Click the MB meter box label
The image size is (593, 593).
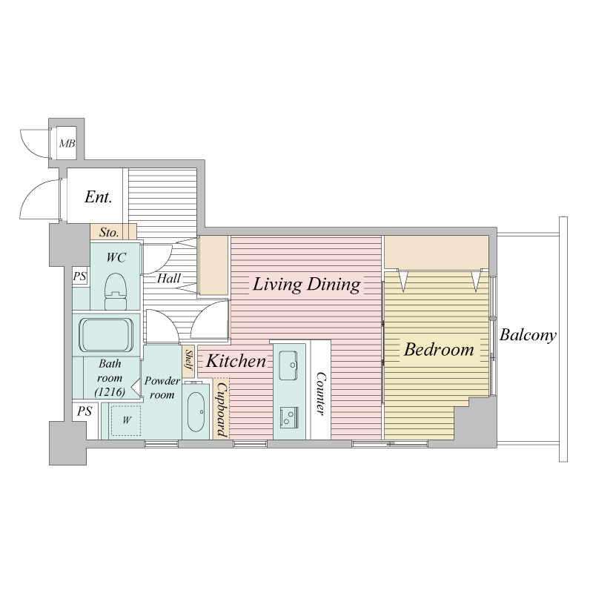[x=67, y=143]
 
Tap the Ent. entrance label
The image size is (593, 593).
[x=98, y=196]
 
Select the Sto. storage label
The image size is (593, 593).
[x=109, y=232]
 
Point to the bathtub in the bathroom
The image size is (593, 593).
[x=106, y=335]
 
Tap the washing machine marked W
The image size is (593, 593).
[x=126, y=420]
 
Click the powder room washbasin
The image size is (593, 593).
[x=196, y=411]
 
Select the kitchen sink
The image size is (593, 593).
[x=288, y=365]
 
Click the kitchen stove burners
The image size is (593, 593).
[x=289, y=417]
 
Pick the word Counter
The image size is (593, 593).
[x=321, y=394]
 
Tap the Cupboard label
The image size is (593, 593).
[x=221, y=409]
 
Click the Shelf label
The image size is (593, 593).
[x=189, y=361]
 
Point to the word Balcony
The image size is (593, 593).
[x=528, y=335]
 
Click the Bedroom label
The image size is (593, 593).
[x=439, y=349]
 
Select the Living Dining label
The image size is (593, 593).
[x=306, y=285]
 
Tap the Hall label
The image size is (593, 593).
[x=169, y=279]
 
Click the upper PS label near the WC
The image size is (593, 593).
[x=79, y=276]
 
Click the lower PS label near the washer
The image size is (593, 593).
[x=85, y=411]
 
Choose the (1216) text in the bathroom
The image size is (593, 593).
[x=110, y=392]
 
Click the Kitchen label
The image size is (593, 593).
[x=236, y=361]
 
